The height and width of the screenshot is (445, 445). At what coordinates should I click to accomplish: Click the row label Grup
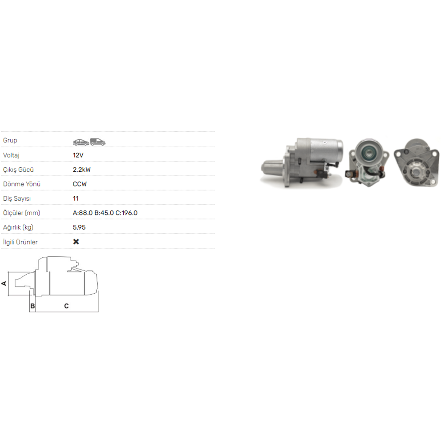(x=10, y=140)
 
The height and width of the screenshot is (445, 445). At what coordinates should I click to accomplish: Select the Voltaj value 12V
(x=78, y=155)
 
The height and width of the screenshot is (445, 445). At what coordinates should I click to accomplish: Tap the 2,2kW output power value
(x=82, y=170)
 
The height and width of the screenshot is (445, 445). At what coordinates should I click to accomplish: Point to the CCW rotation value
(x=80, y=184)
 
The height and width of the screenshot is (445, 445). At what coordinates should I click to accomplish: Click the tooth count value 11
(x=76, y=198)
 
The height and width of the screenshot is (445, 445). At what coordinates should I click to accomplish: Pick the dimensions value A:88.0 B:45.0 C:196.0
(x=105, y=213)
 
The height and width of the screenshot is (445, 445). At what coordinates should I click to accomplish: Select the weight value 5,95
(x=79, y=227)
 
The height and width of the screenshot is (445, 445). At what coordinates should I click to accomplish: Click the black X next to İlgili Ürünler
(x=76, y=242)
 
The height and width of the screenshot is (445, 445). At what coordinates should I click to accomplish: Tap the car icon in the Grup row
(x=81, y=142)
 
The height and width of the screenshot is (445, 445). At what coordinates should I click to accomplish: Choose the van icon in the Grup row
(x=97, y=142)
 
